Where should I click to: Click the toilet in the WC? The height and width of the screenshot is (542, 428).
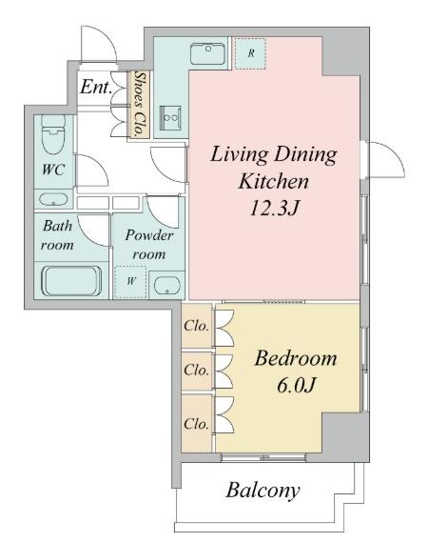pyautogui.click(x=53, y=134)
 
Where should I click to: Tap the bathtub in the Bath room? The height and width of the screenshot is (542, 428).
pyautogui.click(x=71, y=281)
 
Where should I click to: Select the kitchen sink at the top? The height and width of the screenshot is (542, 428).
pyautogui.click(x=207, y=53)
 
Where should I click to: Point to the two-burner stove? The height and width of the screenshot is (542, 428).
pyautogui.click(x=170, y=117)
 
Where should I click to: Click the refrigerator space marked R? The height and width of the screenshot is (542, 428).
pyautogui.click(x=250, y=53)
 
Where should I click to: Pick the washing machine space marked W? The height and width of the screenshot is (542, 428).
pyautogui.click(x=131, y=282)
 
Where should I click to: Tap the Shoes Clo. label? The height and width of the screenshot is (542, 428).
pyautogui.click(x=139, y=104)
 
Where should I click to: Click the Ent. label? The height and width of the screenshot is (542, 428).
pyautogui.click(x=96, y=87)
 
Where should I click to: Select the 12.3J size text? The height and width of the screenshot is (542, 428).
pyautogui.click(x=274, y=209)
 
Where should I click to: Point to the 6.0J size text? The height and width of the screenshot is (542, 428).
pyautogui.click(x=296, y=385)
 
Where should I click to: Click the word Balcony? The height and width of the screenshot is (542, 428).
pyautogui.click(x=263, y=491)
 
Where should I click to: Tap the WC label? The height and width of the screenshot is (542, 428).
pyautogui.click(x=53, y=170)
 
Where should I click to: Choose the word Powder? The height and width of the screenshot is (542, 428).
pyautogui.click(x=149, y=235)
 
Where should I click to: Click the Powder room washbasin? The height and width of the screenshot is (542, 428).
pyautogui.click(x=167, y=286)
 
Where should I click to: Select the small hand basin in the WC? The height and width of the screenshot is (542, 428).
pyautogui.click(x=53, y=199)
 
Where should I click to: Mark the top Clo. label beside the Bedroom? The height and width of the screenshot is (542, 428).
pyautogui.click(x=196, y=326)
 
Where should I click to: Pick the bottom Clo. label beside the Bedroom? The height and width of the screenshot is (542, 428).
pyautogui.click(x=196, y=424)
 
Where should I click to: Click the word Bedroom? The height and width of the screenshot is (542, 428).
pyautogui.click(x=296, y=358)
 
